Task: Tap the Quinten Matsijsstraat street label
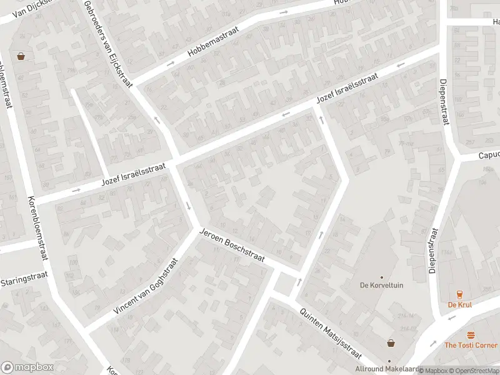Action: click(x=330, y=334)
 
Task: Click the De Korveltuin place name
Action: click(x=381, y=286)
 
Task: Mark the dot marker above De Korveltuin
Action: click(x=381, y=277)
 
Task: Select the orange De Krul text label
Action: click(x=459, y=305)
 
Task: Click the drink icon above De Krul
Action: click(x=459, y=294)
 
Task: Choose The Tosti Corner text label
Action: click(x=471, y=345)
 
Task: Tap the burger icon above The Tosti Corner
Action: click(x=471, y=334)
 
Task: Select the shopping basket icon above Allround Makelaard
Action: click(x=391, y=342)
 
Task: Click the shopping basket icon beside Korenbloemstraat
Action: click(x=21, y=56)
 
